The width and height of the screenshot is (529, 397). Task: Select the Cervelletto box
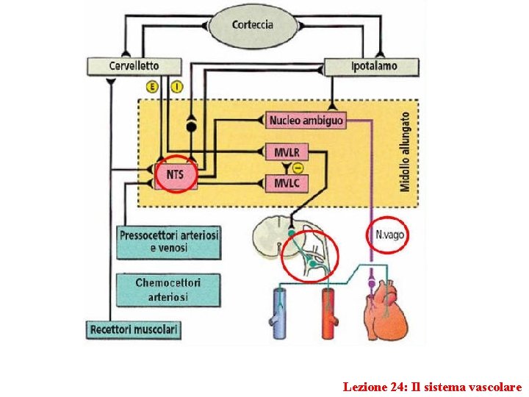(x=134, y=65)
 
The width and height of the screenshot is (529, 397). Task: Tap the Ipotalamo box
(x=372, y=65)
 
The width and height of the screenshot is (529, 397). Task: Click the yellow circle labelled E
(x=152, y=87)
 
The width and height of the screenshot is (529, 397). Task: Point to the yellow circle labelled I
(x=176, y=87)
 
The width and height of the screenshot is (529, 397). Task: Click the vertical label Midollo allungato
(x=405, y=153)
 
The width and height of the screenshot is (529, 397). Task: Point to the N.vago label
(x=389, y=235)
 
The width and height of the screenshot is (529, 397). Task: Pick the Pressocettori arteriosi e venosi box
(x=168, y=242)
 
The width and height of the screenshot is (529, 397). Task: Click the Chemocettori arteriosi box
(x=168, y=289)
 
